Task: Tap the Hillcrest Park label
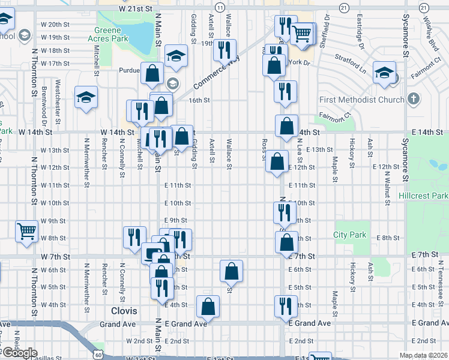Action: pyautogui.click(x=423, y=196)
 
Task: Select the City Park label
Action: pyautogui.click(x=350, y=235)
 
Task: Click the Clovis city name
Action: pyautogui.click(x=124, y=311)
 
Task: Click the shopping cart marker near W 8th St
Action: pyautogui.click(x=26, y=230)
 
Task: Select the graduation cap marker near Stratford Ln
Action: pyautogui.click(x=384, y=73)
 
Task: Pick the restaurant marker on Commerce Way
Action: pyautogui.click(x=224, y=50)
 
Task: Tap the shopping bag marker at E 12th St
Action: pyautogui.click(x=276, y=161)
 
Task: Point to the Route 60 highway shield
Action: pyautogui.click(x=98, y=355)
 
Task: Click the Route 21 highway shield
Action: pyautogui.click(x=343, y=7)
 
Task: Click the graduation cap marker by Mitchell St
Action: pyautogui.click(x=86, y=97)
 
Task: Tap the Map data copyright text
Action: pyautogui.click(x=423, y=355)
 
